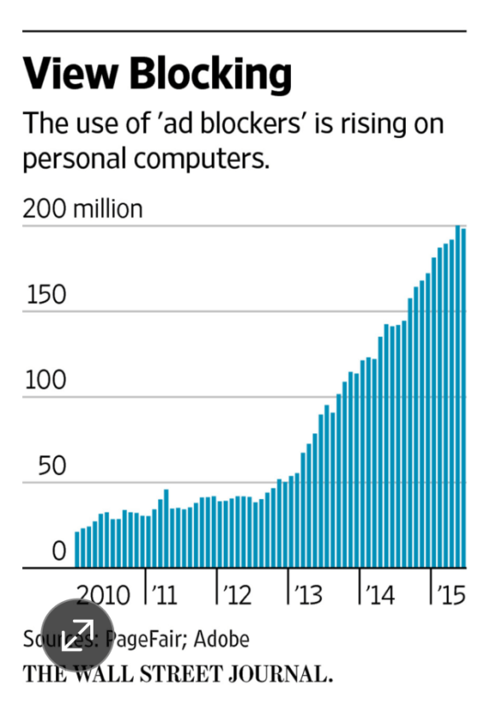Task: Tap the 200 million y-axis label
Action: click(x=83, y=209)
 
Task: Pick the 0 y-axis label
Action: click(x=57, y=552)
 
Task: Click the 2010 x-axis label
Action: click(x=102, y=594)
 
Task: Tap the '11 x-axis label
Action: click(x=164, y=594)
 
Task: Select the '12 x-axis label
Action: click(x=237, y=594)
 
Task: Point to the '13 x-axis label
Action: click(x=308, y=594)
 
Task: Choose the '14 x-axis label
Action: click(x=380, y=594)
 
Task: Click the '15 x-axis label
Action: click(x=449, y=594)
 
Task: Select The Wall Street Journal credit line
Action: click(x=177, y=674)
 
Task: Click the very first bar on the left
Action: click(x=77, y=549)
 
